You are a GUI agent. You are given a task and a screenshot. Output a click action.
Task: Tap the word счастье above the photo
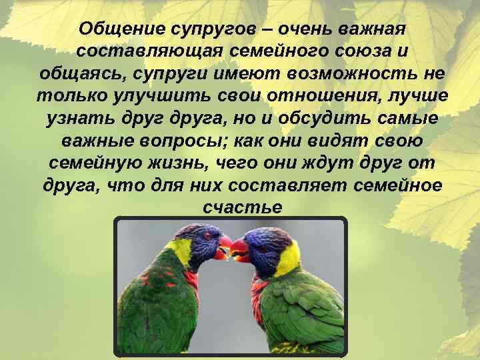pos(241,207)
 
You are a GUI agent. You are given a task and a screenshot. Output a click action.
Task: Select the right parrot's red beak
pos(239,251)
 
